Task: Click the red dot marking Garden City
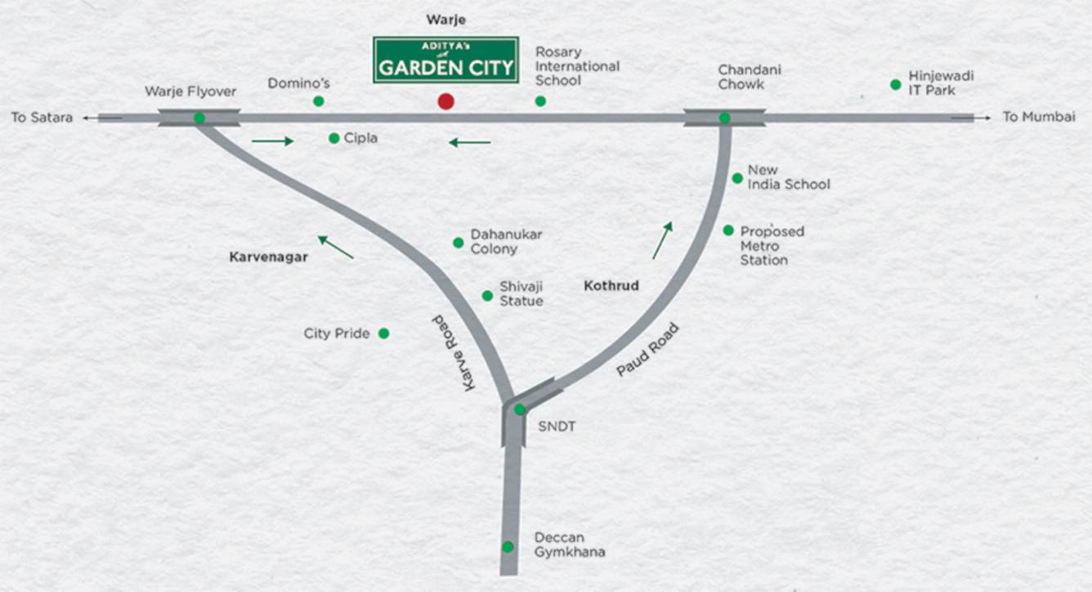coord(445,101)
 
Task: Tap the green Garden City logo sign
coord(445,60)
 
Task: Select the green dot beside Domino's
coord(319,101)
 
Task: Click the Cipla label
coord(360,138)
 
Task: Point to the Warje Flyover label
coord(190,92)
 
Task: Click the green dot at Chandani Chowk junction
coord(724,118)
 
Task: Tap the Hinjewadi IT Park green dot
coord(896,84)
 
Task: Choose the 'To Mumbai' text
coord(1038,117)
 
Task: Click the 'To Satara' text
coord(42,118)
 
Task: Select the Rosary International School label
coord(577,66)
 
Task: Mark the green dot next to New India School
coord(737,178)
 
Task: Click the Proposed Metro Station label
coord(772,245)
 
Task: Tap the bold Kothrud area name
coord(611,286)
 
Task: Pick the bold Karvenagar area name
coord(268,257)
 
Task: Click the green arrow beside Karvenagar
coord(336,247)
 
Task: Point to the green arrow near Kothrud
coord(662,240)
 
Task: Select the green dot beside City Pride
coord(383,334)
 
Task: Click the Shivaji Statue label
coord(521,294)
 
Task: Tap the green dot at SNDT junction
coord(519,409)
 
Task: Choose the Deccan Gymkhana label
coord(570,545)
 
